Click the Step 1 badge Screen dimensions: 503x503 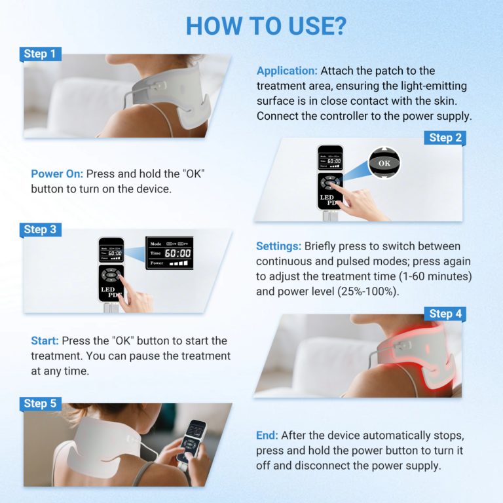(x=40, y=54)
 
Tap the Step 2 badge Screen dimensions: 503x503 (x=445, y=138)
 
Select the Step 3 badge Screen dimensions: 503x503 (x=40, y=229)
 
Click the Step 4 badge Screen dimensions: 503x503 (x=445, y=314)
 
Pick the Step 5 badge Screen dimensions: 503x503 (x=40, y=403)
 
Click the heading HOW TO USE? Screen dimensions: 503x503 (x=266, y=26)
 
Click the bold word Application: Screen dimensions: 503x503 (x=287, y=71)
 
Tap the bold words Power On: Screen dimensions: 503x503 (x=57, y=174)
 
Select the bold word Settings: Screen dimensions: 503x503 (x=279, y=246)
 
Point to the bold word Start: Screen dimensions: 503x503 (x=45, y=341)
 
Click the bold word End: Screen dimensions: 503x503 (x=267, y=436)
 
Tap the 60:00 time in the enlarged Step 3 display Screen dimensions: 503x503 (x=177, y=253)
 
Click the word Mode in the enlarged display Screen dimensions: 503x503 (x=156, y=242)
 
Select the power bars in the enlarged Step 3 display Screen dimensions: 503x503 (x=178, y=263)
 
